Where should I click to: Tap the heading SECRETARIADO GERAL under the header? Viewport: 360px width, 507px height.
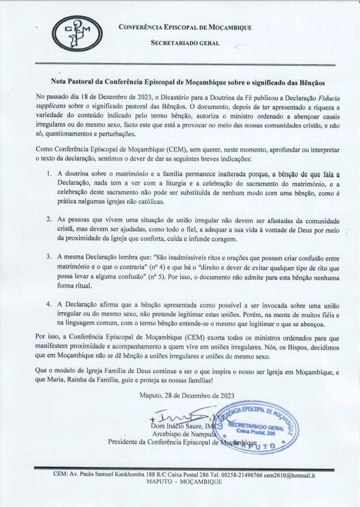[x=185, y=43]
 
